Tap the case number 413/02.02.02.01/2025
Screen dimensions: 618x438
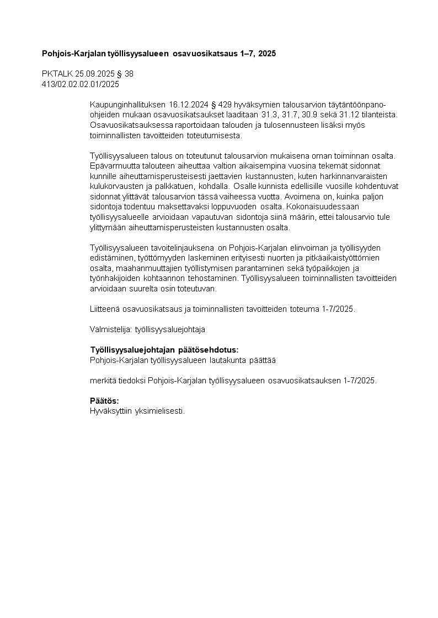81,84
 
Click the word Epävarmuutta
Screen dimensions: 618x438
114,166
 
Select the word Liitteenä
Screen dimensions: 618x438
105,309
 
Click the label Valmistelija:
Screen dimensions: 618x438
110,329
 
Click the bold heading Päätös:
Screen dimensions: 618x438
104,400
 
